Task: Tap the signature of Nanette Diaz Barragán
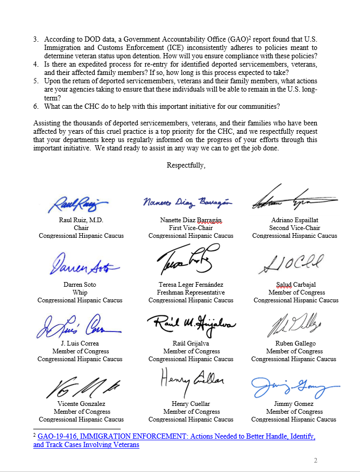(x=187, y=202)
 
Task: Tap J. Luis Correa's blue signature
(x=78, y=327)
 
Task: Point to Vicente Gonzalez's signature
(x=81, y=387)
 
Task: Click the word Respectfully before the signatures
(x=186, y=165)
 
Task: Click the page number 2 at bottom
(x=315, y=461)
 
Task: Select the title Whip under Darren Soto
(x=80, y=292)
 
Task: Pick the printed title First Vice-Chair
(x=191, y=228)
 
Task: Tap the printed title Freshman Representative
(x=191, y=292)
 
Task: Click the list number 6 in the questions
(x=36, y=107)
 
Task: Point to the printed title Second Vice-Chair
(x=294, y=228)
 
